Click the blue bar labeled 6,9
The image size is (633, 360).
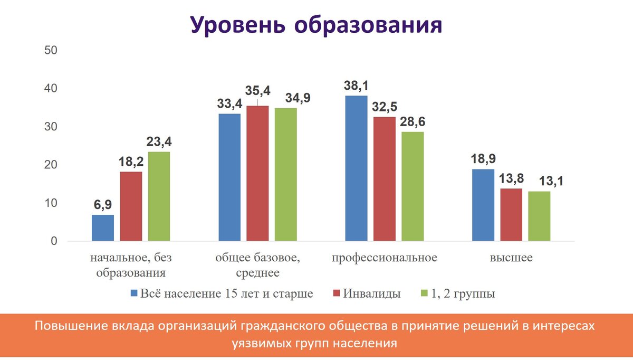[x=102, y=228]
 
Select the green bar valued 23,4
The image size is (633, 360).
[x=159, y=197]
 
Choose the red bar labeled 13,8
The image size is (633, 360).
[x=511, y=215]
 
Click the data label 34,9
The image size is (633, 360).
[x=298, y=98]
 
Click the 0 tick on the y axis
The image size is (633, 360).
[x=54, y=241]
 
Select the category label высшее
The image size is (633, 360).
[x=511, y=258]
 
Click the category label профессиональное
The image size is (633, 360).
[x=384, y=258]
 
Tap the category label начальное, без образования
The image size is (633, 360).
[x=131, y=266]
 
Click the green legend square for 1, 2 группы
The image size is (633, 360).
[x=424, y=293]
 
